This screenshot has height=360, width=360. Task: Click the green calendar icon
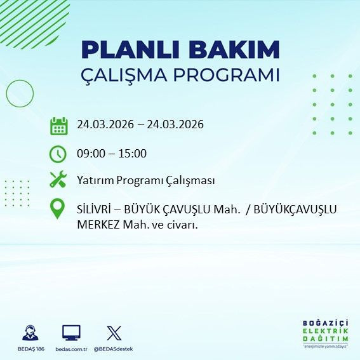58,125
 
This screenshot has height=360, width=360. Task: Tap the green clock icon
58,154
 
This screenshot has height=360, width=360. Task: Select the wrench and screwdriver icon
58,180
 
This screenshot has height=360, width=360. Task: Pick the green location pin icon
58,209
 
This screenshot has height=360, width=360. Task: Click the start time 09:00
90,153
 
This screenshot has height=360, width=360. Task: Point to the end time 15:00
133,153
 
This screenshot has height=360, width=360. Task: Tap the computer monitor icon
71,333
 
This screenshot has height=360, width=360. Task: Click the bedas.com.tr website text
71,349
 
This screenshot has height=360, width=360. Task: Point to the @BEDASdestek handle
114,349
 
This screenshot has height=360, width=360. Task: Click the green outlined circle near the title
20,93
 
